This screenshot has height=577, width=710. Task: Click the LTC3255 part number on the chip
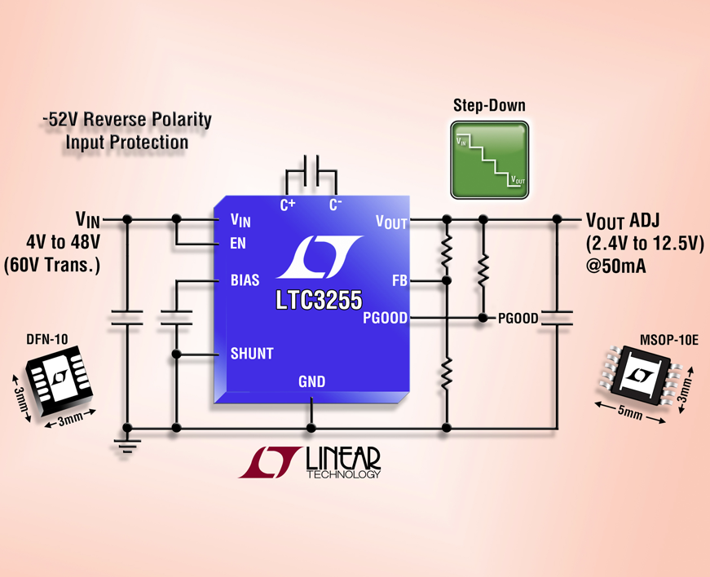(x=318, y=301)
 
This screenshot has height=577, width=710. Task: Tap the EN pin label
(x=238, y=244)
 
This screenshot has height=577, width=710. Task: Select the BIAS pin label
(x=245, y=280)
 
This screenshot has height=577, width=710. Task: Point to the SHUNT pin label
(x=251, y=354)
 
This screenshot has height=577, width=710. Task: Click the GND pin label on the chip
(x=311, y=381)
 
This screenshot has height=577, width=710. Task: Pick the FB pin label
(x=399, y=280)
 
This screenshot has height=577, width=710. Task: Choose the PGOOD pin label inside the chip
(x=385, y=318)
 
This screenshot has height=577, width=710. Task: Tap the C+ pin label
(x=288, y=205)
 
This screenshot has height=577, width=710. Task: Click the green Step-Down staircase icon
(x=489, y=161)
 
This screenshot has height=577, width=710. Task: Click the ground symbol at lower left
(x=127, y=444)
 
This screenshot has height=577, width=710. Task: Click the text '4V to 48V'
(x=63, y=242)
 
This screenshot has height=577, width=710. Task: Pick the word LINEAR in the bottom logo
(x=342, y=461)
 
